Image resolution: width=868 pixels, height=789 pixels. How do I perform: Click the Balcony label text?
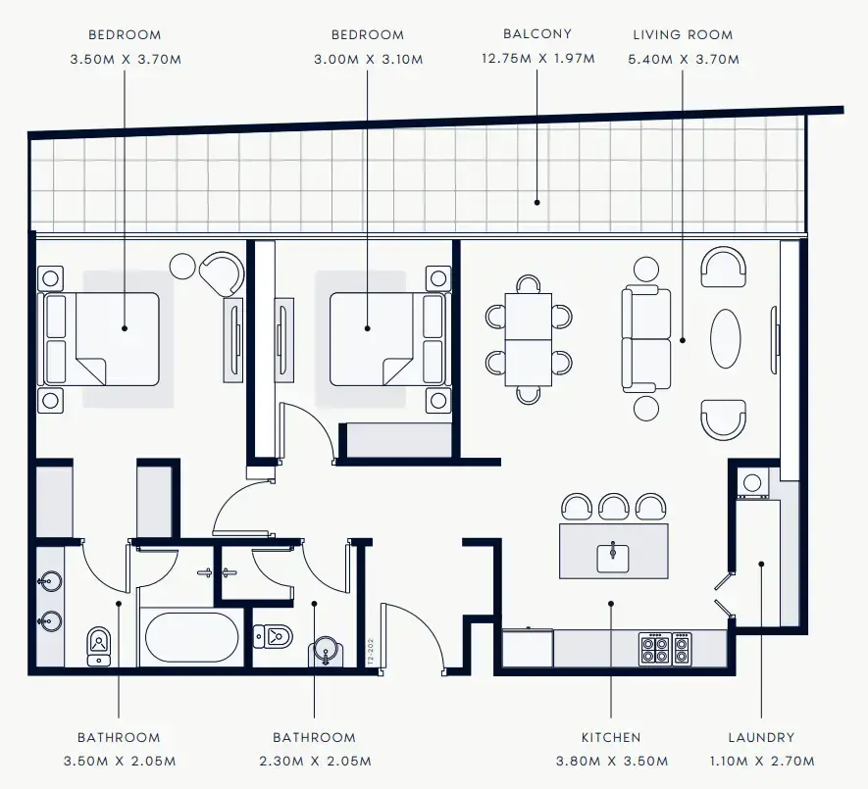click(536, 34)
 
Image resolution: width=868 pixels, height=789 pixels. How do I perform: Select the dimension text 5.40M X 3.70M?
click(682, 59)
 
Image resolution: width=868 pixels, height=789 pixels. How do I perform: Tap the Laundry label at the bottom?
click(761, 737)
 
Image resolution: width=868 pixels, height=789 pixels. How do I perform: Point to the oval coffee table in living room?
click(726, 338)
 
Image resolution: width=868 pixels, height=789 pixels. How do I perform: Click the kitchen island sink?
click(613, 556)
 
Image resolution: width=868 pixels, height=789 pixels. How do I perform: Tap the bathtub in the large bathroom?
click(191, 637)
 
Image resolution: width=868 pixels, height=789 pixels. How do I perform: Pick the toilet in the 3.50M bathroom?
click(99, 644)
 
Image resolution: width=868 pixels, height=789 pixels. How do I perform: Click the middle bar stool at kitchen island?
click(613, 507)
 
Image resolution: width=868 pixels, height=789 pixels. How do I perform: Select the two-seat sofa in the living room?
click(646, 339)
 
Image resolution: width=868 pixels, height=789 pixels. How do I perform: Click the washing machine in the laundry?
click(752, 482)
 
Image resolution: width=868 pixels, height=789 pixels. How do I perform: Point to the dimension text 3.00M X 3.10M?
click(368, 59)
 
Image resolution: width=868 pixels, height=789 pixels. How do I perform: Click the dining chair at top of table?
click(529, 284)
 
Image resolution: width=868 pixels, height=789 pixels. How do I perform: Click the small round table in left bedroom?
click(182, 266)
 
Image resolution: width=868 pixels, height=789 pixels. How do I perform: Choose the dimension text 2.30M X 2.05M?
click(314, 762)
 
